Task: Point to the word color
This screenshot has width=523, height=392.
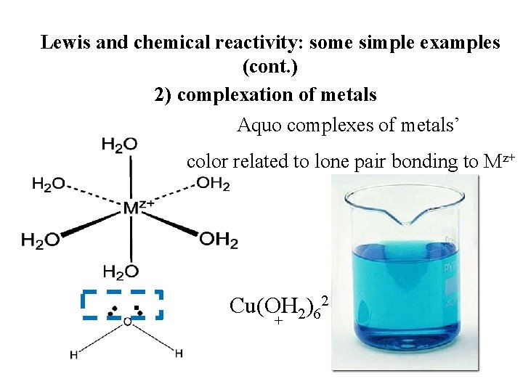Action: coord(207,161)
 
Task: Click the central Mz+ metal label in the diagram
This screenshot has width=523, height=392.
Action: coord(138,208)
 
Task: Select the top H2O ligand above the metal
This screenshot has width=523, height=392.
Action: coord(119,145)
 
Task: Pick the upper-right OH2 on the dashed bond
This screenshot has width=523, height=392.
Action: coord(213,184)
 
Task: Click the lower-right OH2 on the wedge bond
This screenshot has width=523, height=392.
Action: coord(218,239)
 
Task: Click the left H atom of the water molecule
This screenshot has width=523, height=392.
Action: coord(73,355)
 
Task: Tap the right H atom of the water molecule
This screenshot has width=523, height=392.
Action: coord(178,354)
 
